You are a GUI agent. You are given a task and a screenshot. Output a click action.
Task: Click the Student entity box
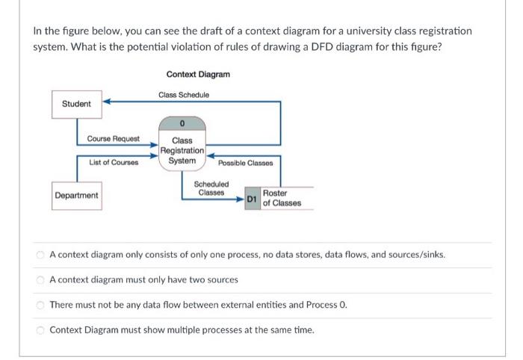pos(76,104)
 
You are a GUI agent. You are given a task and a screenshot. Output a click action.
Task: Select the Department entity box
pos(76,196)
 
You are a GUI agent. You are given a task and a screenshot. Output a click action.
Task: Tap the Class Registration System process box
pos(182,150)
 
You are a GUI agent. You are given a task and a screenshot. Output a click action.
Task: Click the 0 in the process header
pos(182,123)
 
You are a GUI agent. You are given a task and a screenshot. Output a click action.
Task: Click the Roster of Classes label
pos(282,199)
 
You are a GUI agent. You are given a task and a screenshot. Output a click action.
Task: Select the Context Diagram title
pos(198,75)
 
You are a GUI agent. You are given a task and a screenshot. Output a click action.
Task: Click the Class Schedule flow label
pos(184,95)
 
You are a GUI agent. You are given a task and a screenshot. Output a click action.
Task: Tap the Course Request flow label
pos(112,139)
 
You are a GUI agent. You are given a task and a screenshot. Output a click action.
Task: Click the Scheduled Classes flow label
pos(211,188)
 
